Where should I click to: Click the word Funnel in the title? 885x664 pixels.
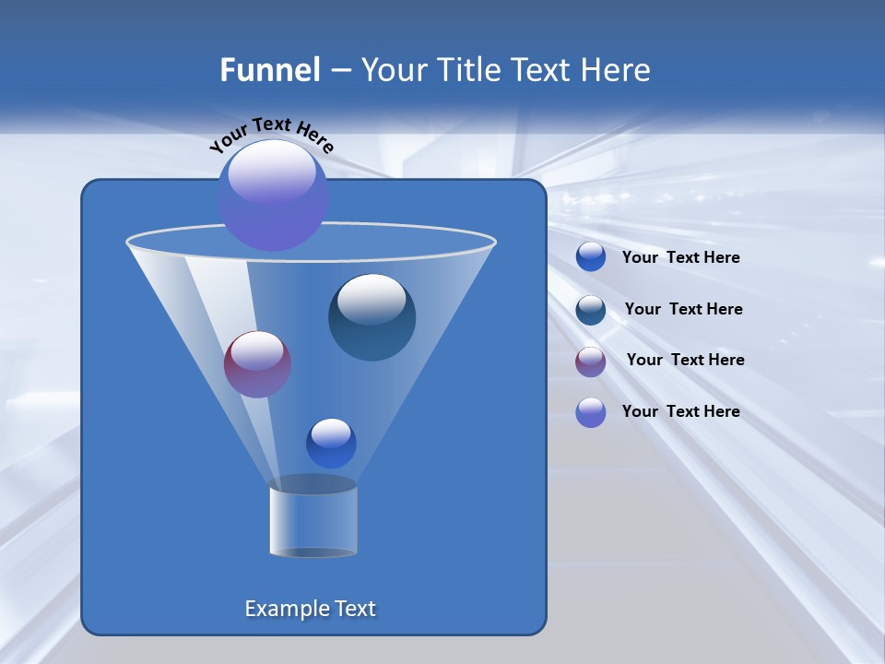(269, 70)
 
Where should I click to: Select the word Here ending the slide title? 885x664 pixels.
(618, 70)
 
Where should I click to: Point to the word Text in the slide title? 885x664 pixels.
(543, 70)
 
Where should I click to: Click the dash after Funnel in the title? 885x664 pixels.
(340, 71)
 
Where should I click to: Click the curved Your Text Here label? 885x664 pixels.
(271, 133)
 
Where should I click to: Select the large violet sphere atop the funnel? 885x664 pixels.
(273, 196)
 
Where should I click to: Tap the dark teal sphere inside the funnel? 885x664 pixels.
(372, 317)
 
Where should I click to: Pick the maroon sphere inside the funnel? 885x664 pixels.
(257, 364)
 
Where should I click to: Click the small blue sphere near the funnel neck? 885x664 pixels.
(331, 444)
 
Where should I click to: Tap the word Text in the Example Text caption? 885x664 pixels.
(355, 609)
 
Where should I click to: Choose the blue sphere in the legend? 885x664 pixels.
(591, 257)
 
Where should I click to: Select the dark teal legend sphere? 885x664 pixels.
(591, 310)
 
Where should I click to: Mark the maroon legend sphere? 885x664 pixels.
(591, 361)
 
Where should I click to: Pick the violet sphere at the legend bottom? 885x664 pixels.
(591, 412)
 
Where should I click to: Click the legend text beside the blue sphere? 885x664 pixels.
(680, 258)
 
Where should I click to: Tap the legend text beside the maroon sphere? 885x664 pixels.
(685, 360)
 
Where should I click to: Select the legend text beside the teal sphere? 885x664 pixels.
(683, 309)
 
